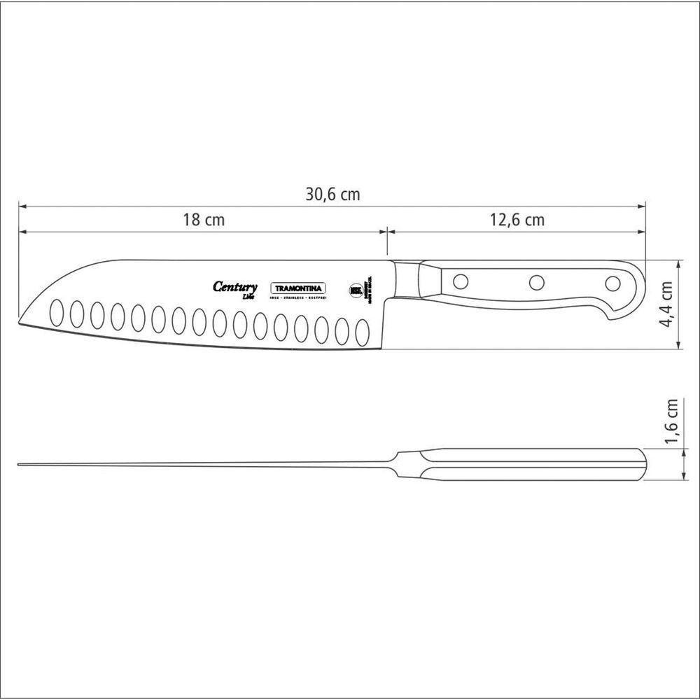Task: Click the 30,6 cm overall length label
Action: tap(332, 195)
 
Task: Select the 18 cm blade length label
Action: tap(204, 220)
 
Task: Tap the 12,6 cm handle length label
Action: tap(517, 220)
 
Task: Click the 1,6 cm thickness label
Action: tap(671, 421)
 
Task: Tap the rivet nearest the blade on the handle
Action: tap(460, 281)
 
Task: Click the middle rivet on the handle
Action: tap(537, 282)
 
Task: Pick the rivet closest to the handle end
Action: tap(612, 283)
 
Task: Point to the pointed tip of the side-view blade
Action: tap(21, 323)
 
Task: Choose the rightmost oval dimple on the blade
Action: tap(363, 331)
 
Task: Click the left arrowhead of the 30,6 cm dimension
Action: tap(22, 206)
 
